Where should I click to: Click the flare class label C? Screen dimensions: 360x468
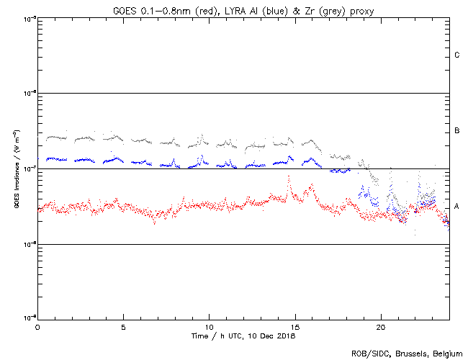457,55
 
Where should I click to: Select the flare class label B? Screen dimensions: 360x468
457,131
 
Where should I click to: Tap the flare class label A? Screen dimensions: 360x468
457,207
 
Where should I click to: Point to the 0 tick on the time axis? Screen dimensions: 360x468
37,326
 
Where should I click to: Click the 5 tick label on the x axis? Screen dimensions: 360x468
123,326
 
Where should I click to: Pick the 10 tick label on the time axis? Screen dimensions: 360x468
209,326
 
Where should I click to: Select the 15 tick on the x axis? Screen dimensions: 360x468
295,326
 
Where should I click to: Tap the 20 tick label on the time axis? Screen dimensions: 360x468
381,326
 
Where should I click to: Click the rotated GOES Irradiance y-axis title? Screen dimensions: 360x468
15,169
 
